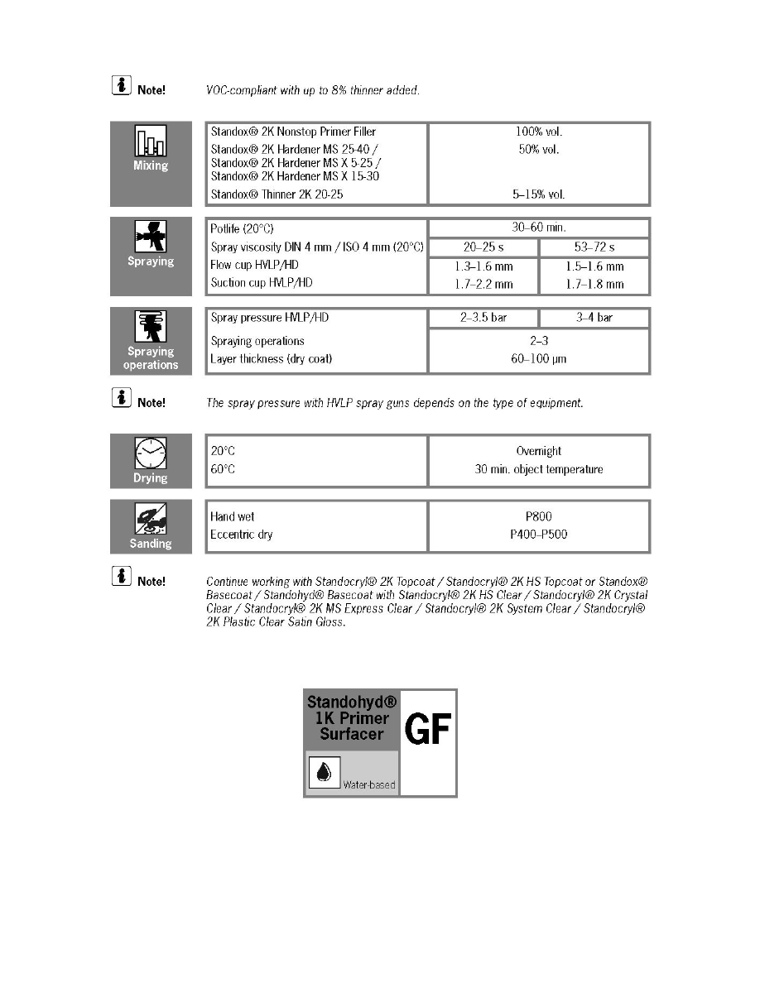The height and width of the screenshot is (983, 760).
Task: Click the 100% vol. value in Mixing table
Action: click(x=539, y=132)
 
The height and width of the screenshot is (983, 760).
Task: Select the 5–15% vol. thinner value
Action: click(x=539, y=194)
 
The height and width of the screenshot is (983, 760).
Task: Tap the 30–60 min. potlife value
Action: click(x=539, y=228)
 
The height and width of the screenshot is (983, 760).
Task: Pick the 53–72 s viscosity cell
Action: click(x=594, y=247)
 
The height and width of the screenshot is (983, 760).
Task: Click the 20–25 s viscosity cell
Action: click(x=483, y=247)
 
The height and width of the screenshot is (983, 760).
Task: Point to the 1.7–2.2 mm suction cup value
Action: click(x=483, y=284)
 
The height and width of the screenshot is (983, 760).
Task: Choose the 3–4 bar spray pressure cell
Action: click(x=594, y=318)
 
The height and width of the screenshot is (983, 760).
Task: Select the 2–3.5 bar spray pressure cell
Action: click(x=483, y=318)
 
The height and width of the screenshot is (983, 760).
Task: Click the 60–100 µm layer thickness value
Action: click(x=539, y=359)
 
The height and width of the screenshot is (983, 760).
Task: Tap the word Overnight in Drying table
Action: click(x=539, y=451)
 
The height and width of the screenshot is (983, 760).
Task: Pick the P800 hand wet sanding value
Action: click(x=539, y=516)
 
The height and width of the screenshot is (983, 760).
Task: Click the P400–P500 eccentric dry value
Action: click(x=539, y=535)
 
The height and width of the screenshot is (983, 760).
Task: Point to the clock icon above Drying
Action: click(x=151, y=453)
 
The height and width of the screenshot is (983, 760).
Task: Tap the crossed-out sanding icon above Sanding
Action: click(x=151, y=519)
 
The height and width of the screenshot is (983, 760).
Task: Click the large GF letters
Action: click(x=427, y=729)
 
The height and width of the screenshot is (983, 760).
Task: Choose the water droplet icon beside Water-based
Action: click(x=324, y=772)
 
